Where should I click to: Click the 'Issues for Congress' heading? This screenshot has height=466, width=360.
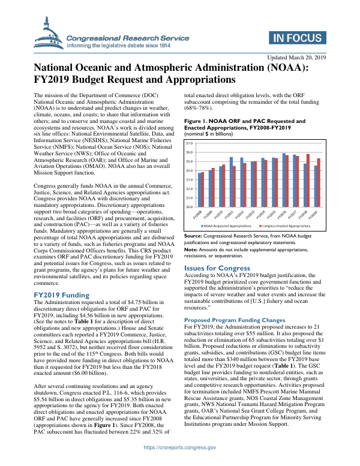pos(217,267)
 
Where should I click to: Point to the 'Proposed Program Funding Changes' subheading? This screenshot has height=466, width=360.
pos(234,320)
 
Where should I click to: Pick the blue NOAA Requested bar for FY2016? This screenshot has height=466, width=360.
pos(284,180)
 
